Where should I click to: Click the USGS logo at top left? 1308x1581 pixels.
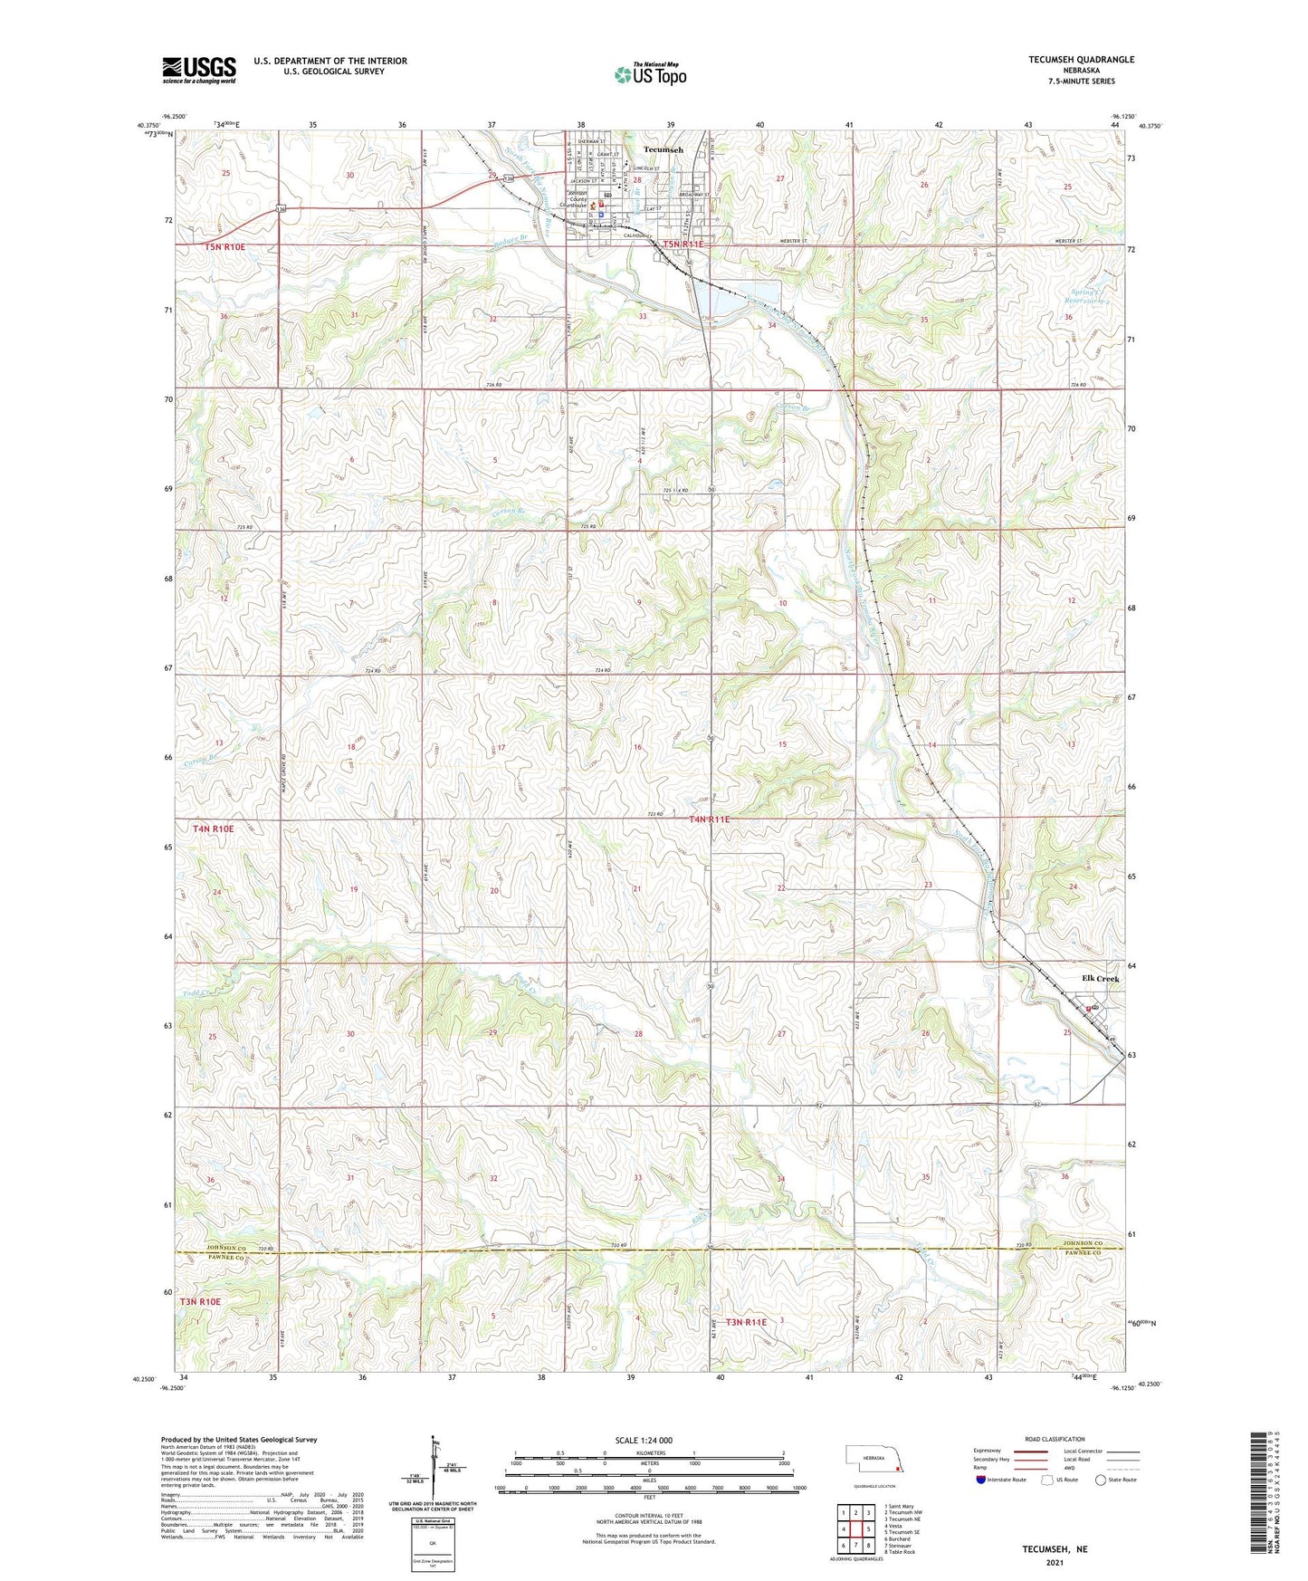199,70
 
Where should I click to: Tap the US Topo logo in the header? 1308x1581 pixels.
650,74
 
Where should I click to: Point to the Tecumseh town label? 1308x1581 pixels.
663,149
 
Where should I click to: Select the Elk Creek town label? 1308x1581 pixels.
1100,979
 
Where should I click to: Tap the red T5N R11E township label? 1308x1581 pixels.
683,244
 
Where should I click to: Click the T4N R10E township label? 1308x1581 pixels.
213,829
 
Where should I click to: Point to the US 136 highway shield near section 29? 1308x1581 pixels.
510,179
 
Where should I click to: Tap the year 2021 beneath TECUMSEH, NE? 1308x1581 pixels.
1055,1563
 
